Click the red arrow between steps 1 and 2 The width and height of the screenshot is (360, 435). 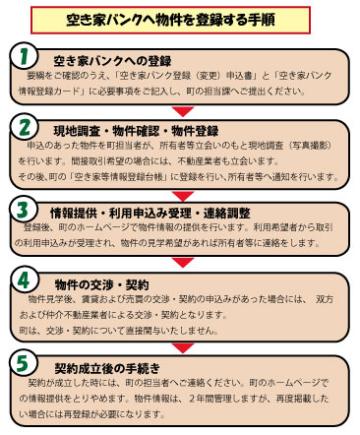180,110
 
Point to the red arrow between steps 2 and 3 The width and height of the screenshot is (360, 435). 180,191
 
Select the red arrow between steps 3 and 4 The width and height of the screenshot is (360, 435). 180,263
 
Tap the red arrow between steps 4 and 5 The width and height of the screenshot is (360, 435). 180,342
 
